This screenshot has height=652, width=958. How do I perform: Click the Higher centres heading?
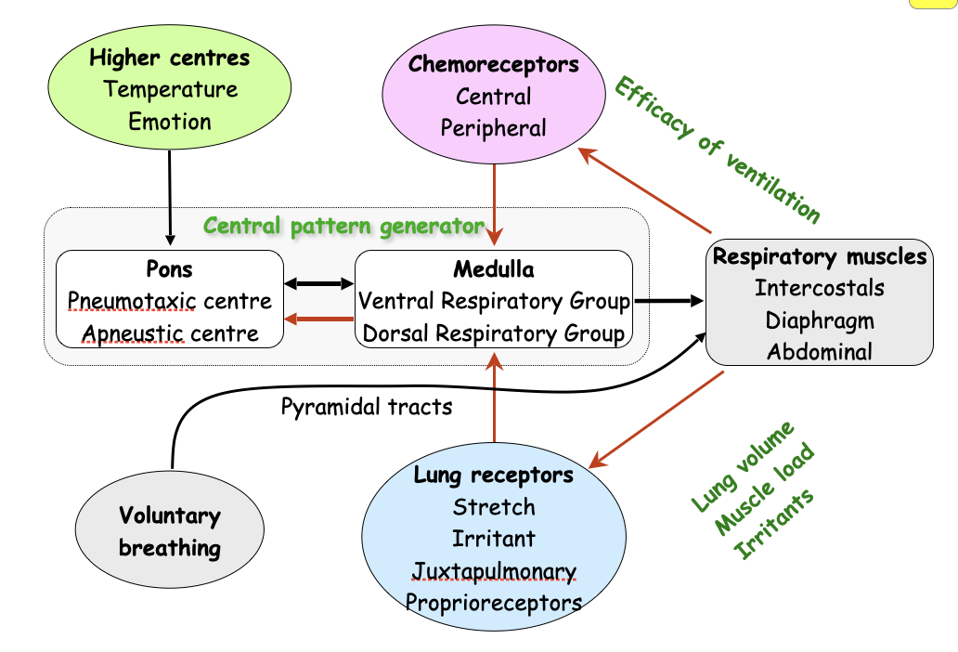170,59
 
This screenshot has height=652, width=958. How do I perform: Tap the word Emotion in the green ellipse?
170,122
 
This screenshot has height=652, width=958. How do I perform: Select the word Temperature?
171,90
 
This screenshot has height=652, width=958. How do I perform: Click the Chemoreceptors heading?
494,64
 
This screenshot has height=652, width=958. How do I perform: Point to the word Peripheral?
494,128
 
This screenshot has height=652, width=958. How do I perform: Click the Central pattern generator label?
343,226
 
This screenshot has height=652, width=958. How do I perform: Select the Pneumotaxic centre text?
170,301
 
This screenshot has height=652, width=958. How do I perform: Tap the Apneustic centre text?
170,333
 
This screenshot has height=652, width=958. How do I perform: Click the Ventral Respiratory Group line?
494,301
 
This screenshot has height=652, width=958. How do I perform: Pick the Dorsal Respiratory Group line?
494,333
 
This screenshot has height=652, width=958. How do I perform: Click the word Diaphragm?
820,320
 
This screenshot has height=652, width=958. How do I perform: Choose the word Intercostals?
820,288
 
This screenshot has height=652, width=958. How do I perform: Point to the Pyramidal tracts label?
367,406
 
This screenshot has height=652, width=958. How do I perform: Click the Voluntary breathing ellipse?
170,531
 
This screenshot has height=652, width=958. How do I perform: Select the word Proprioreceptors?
494,602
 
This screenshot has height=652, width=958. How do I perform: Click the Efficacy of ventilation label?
717,150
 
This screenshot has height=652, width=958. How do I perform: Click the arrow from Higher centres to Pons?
170,195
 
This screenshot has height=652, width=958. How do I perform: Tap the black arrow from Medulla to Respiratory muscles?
668,300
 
